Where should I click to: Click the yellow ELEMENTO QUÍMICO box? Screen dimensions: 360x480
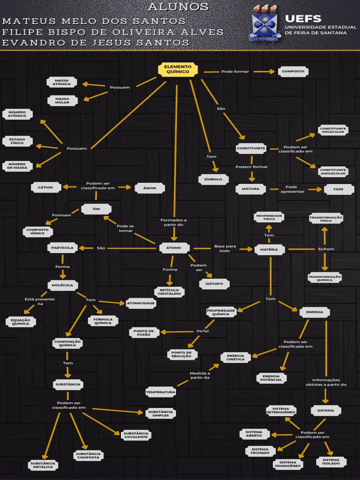178,69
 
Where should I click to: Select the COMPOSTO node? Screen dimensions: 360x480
293,72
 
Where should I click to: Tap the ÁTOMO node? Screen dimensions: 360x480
174,248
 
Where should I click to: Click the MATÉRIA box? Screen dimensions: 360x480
270,249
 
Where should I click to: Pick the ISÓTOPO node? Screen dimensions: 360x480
214,284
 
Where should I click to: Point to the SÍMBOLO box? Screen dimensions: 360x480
213,179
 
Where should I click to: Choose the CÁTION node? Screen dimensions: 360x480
45,187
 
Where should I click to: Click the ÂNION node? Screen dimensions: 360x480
150,188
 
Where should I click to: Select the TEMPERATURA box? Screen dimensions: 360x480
160,391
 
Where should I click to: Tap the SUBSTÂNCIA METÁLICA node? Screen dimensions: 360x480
43,465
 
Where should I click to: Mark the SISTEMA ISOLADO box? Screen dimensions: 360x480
331,462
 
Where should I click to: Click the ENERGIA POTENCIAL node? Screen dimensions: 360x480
272,378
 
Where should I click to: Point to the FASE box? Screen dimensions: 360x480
338,189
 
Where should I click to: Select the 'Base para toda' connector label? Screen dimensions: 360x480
225,248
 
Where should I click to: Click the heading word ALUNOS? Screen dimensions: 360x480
178,7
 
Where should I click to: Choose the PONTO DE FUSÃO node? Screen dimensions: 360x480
144,332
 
